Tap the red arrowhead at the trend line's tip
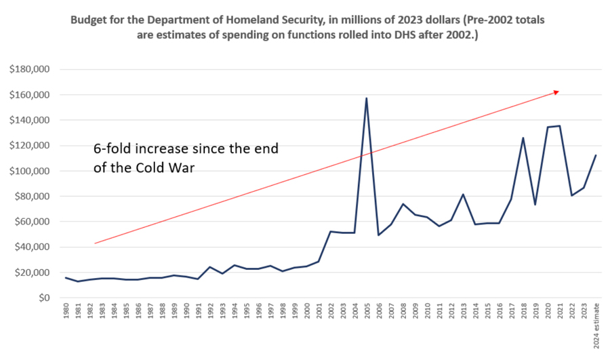pos(556,92)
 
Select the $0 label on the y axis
pos(44,298)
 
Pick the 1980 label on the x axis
pos(66,313)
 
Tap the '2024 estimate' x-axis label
pos(596,327)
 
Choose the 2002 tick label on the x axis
pos(331,313)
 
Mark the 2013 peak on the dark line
pos(463,195)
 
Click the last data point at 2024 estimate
pos(596,155)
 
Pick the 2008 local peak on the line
pos(403,204)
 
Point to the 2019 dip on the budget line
pos(535,204)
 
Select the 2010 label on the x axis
pos(427,313)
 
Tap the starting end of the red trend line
pos(95,243)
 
